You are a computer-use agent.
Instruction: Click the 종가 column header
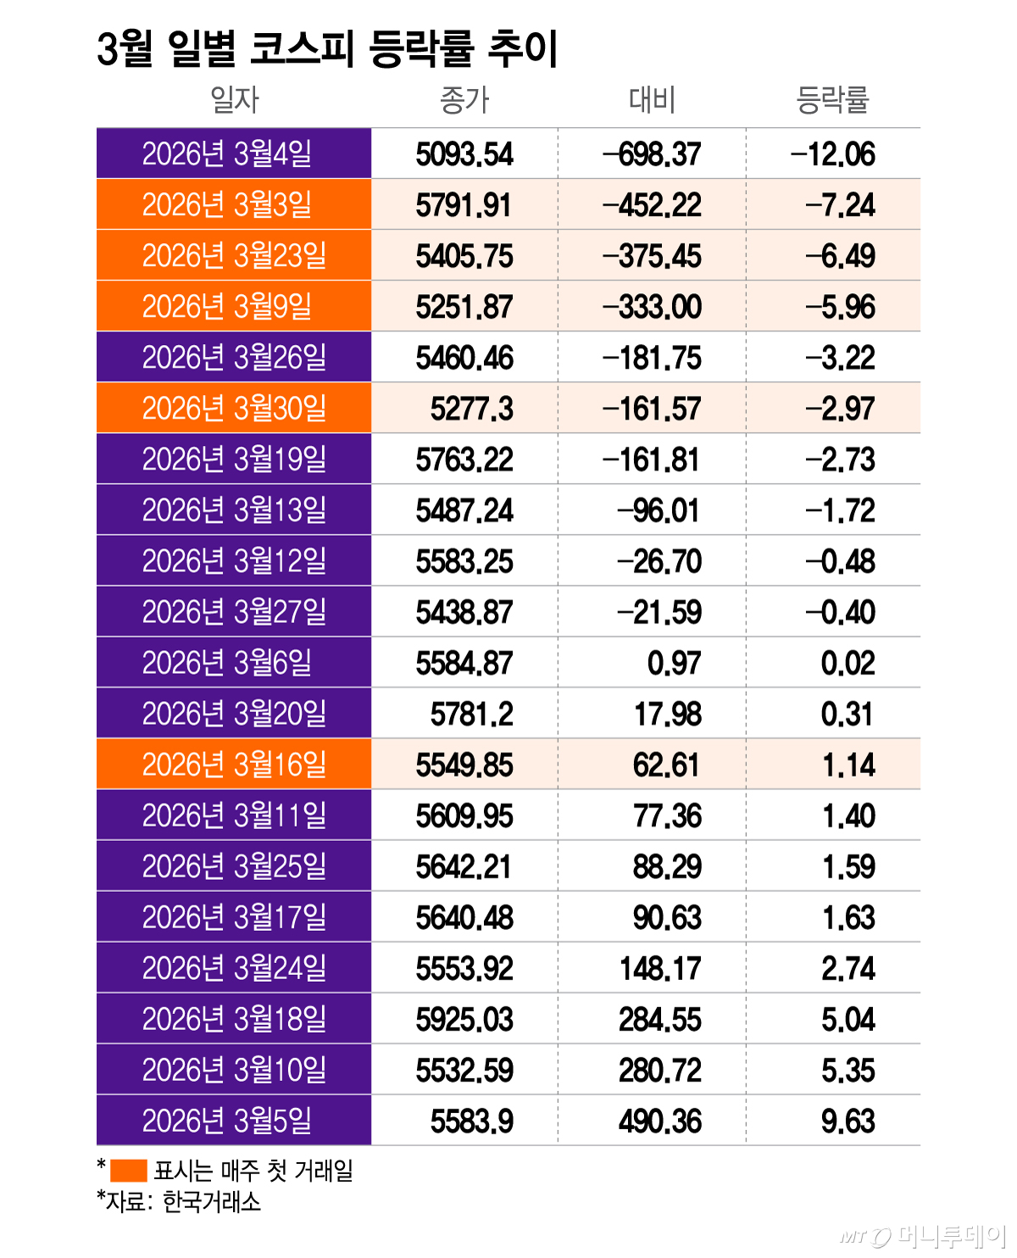(464, 100)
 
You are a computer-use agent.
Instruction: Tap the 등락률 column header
(832, 100)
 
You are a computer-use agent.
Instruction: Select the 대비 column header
(652, 100)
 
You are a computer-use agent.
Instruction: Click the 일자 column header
(234, 100)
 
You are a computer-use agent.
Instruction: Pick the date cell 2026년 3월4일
(227, 154)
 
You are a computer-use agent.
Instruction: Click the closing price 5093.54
(464, 154)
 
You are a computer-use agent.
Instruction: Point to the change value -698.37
(652, 154)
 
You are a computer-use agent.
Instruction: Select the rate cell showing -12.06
(832, 154)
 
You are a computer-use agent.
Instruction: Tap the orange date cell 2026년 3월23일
(234, 256)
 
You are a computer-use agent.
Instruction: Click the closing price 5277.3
(471, 409)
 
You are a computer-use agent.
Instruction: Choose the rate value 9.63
(847, 1121)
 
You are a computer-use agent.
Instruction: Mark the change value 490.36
(660, 1121)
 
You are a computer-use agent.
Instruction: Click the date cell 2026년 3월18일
(234, 1019)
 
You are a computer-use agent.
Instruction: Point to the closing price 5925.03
(464, 1019)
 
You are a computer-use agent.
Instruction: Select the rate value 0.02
(847, 663)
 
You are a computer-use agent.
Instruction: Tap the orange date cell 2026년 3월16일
(234, 765)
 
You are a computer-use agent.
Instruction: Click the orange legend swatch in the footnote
(129, 1171)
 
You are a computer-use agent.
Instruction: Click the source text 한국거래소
(212, 1201)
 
